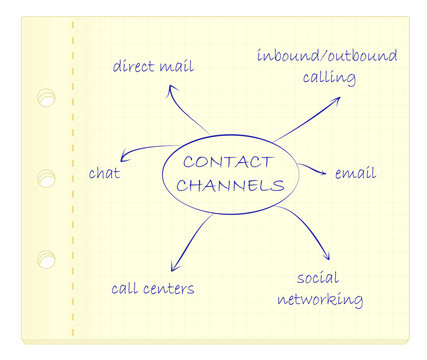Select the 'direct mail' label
153,67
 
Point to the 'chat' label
104,173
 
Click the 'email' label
355,173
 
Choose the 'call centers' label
152,289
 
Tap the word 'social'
318,277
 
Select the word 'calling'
325,77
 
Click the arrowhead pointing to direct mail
171,89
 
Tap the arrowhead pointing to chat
123,157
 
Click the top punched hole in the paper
46,98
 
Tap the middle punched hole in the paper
46,179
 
